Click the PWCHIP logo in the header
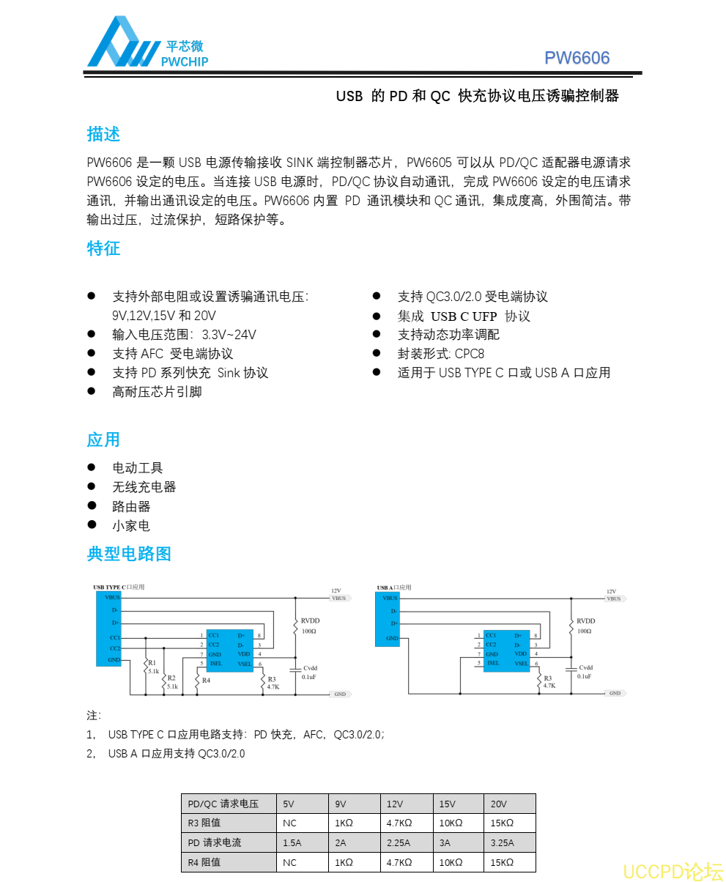tap(147, 44)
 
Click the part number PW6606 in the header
tap(577, 59)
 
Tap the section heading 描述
tap(103, 134)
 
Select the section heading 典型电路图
tap(129, 554)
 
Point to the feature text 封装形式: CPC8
tap(440, 354)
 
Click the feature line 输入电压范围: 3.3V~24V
tap(184, 335)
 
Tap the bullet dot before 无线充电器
tap(92, 486)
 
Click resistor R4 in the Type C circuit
tap(198, 680)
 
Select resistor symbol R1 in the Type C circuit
tap(146, 666)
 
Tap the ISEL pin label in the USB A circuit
tap(493, 664)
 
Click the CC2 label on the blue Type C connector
tap(115, 648)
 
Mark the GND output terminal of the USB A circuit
tap(615, 693)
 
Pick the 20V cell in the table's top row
tap(508, 804)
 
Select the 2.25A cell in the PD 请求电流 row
tap(406, 842)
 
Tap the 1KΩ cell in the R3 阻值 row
tap(354, 823)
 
